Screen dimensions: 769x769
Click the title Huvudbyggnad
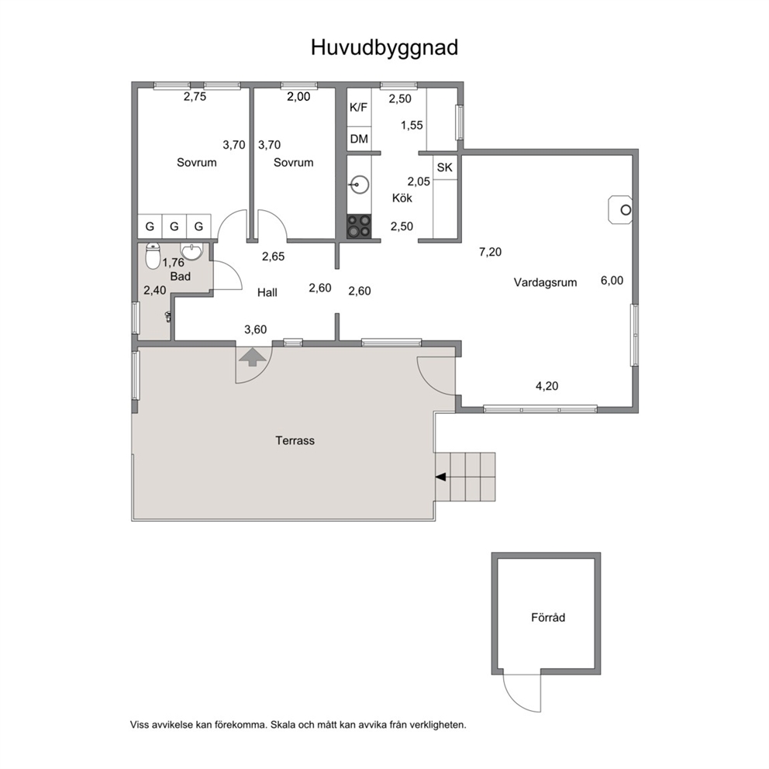(x=384, y=48)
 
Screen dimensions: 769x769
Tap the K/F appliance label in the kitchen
(x=358, y=108)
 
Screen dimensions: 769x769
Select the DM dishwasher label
(x=359, y=139)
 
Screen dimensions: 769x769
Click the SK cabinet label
(x=445, y=167)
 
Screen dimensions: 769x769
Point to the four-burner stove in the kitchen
(x=359, y=226)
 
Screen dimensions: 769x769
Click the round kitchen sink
(x=360, y=185)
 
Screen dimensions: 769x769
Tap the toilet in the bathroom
(x=153, y=256)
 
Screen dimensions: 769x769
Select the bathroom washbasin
(x=191, y=252)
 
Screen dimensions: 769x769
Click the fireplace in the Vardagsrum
(x=620, y=210)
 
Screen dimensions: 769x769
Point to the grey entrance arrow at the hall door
(x=253, y=357)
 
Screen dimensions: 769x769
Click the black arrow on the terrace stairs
(x=441, y=477)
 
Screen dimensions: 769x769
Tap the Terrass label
(x=295, y=440)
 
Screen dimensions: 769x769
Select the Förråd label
(x=548, y=617)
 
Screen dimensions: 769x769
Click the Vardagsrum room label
(x=546, y=282)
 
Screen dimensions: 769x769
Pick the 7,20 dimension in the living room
(x=491, y=252)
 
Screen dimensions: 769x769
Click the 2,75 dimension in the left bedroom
(x=195, y=97)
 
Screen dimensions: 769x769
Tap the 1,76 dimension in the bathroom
(x=173, y=262)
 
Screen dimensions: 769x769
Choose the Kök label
(x=402, y=198)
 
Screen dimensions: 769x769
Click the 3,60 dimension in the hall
(x=256, y=329)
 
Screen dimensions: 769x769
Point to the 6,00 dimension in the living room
(x=612, y=281)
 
